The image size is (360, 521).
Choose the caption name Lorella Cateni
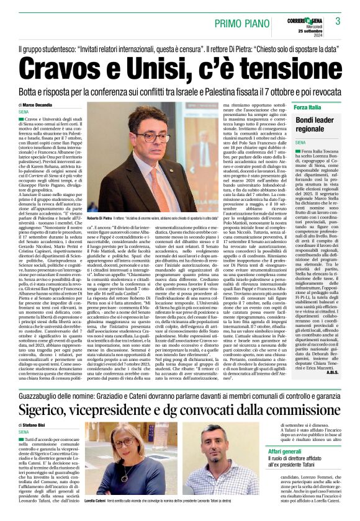(97, 515)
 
